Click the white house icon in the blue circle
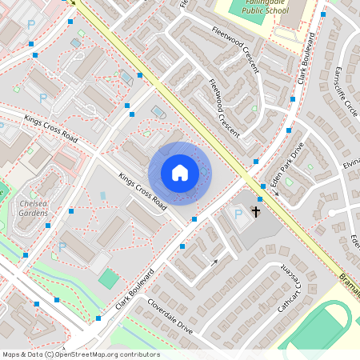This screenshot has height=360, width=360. (180, 173)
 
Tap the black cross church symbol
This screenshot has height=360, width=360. (256, 212)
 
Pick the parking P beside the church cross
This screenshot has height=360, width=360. (238, 214)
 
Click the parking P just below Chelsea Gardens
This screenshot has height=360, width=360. (62, 247)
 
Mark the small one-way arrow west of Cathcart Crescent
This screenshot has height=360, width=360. (214, 262)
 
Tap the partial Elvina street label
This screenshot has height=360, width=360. (351, 163)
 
